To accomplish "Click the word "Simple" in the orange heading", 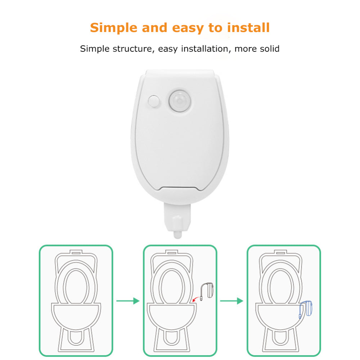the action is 114,28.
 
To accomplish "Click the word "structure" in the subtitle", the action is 132,49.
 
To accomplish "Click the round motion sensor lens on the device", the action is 180,101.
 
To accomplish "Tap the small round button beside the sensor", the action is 154,101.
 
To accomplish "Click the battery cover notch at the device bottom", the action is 179,188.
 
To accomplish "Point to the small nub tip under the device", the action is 177,235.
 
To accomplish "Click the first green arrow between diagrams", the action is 128,301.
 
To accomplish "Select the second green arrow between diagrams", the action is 231,301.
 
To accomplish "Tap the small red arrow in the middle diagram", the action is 195,299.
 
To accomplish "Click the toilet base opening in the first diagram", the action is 76,338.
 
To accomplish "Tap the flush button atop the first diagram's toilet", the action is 76,253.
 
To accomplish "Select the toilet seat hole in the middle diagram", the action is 172,287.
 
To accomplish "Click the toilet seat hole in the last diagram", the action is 280,287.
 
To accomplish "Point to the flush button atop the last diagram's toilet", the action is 281,253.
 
